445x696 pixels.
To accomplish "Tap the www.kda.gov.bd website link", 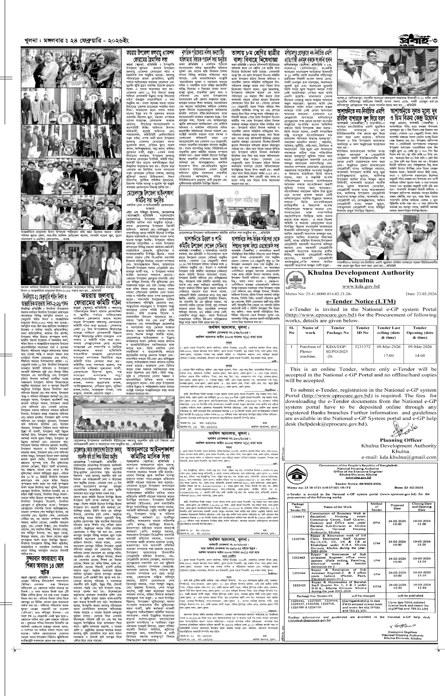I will [361, 286].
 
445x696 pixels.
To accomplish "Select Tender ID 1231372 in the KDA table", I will [362, 346].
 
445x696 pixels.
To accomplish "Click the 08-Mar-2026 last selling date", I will [388, 346].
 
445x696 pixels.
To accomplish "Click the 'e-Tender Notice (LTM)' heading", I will [361, 302].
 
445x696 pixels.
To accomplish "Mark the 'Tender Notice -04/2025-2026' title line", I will [360, 484].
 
